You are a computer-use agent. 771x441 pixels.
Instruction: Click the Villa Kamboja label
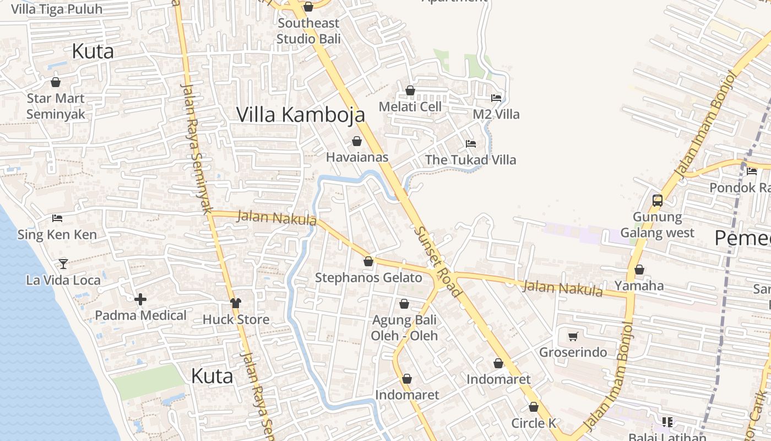301,115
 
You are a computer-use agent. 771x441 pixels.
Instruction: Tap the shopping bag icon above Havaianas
357,141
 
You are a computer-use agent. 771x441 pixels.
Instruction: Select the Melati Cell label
410,107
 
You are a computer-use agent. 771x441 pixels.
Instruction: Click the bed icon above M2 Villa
496,98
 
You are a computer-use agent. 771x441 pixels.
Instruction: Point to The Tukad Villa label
470,160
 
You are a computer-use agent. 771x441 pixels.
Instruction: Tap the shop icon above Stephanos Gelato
368,261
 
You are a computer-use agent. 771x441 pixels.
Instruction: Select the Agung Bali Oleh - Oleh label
404,327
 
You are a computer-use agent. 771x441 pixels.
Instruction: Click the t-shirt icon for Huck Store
236,303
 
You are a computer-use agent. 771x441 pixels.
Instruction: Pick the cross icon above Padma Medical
140,299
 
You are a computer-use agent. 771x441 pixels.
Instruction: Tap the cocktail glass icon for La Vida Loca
63,264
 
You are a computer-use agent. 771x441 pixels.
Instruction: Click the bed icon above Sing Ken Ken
57,218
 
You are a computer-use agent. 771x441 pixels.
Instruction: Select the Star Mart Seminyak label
56,106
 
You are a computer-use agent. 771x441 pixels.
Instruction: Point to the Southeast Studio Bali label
308,31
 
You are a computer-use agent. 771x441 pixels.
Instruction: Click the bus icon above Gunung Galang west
657,201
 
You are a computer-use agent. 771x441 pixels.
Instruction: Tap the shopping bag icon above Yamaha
639,270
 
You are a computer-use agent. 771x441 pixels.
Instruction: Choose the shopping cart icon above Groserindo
573,336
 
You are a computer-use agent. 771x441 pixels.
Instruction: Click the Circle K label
534,423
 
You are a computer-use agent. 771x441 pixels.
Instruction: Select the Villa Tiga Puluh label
57,9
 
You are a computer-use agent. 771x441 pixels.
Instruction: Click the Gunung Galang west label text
657,225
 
